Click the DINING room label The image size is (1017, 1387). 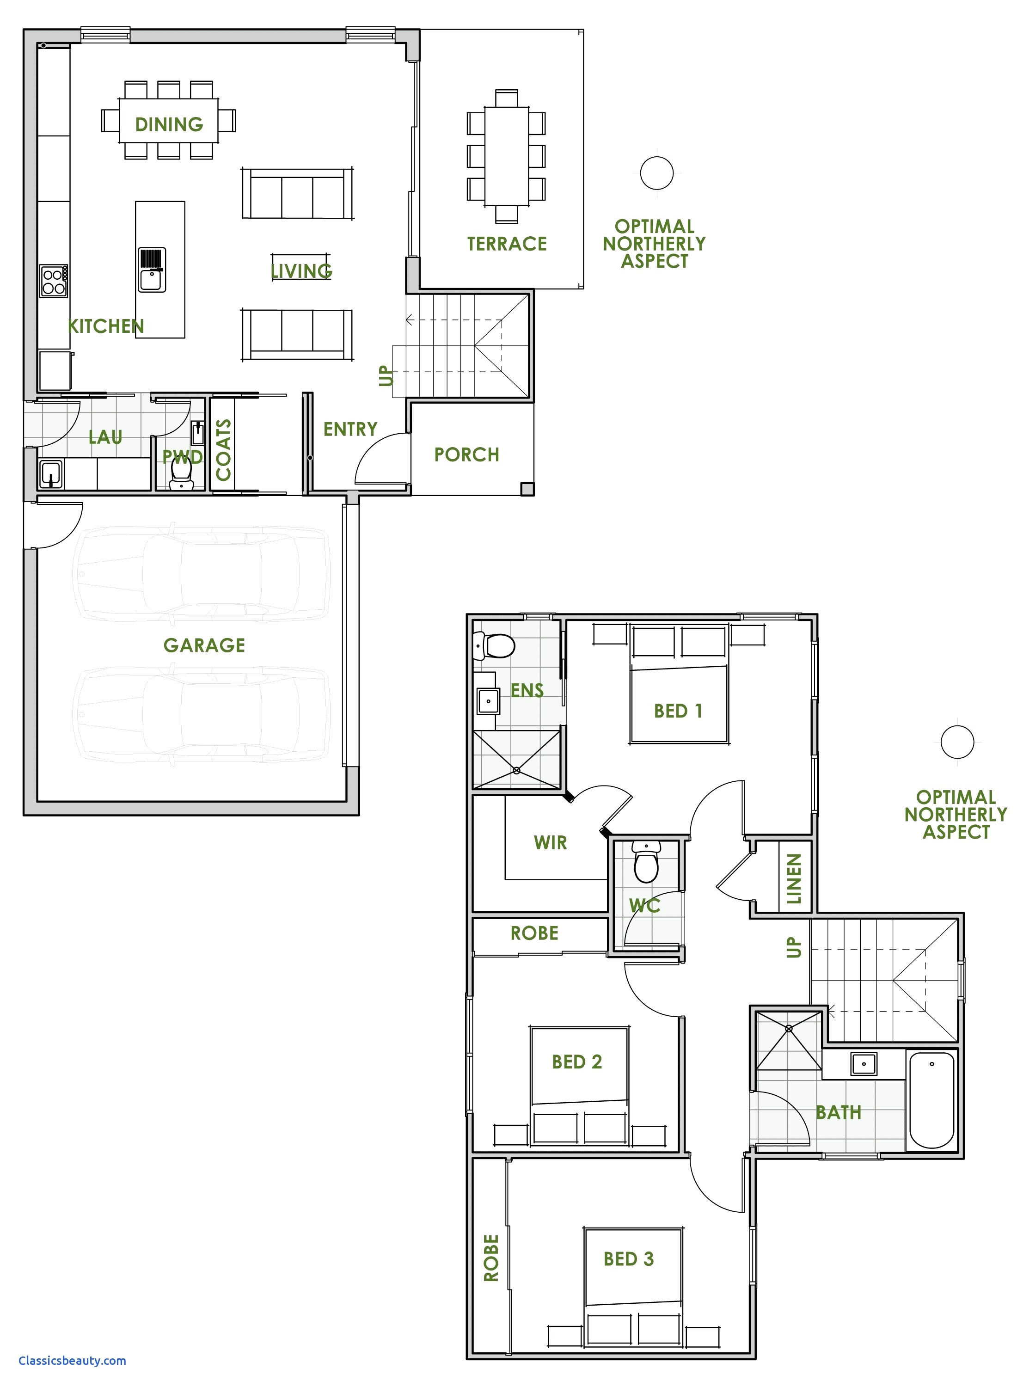[x=169, y=124]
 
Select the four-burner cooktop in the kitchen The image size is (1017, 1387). [x=54, y=282]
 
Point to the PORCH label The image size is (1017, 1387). [x=466, y=455]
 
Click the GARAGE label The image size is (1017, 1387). [x=204, y=645]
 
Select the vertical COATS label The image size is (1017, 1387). [x=223, y=450]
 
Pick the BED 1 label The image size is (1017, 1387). [x=678, y=711]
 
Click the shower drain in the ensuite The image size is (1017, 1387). [x=516, y=771]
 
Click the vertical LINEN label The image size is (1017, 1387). [x=794, y=878]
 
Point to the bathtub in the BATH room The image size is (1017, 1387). [x=931, y=1099]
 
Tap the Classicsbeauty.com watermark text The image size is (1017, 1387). [x=72, y=1361]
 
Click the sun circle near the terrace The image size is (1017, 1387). [x=656, y=173]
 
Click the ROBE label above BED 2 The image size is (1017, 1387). [x=534, y=933]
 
